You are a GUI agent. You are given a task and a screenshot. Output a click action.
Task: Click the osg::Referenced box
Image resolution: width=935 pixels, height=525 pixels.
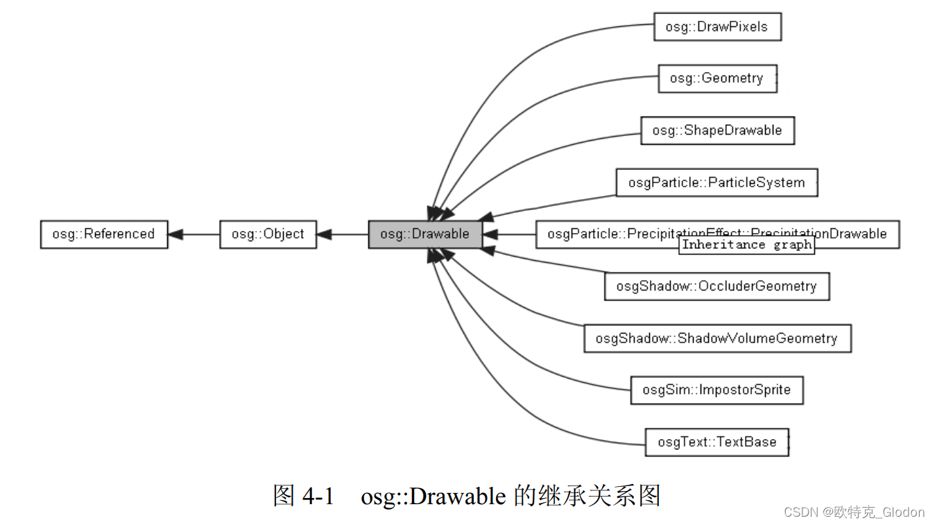[104, 234]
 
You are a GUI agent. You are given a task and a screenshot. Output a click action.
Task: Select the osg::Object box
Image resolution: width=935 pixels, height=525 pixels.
[268, 234]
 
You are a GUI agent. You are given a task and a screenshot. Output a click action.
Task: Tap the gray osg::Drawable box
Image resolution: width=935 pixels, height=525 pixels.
[424, 234]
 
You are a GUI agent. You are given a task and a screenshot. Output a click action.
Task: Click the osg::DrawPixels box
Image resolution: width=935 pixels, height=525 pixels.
[717, 27]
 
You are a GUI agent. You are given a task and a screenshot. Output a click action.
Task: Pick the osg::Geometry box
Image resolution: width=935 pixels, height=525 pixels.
[717, 78]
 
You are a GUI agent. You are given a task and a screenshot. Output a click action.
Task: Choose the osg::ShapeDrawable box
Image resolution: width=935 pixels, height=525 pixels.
[717, 130]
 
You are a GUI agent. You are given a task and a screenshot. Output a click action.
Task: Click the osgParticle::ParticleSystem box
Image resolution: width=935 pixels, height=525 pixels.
[717, 182]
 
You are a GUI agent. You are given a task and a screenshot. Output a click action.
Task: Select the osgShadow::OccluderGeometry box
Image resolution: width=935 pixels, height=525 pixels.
[717, 286]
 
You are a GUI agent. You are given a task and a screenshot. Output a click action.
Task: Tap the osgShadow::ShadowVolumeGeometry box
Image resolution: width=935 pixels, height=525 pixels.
[717, 338]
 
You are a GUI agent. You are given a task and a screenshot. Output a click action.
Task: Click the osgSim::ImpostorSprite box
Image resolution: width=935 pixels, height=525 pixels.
[717, 390]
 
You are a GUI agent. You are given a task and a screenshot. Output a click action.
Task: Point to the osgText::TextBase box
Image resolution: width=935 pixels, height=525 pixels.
[717, 442]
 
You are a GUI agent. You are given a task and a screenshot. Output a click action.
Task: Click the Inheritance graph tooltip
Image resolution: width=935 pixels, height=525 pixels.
[746, 245]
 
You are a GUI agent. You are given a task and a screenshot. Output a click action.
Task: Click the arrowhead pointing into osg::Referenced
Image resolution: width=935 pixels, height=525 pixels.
[175, 234]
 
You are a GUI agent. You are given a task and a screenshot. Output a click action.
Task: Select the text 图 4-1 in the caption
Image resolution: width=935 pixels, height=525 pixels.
[304, 495]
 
